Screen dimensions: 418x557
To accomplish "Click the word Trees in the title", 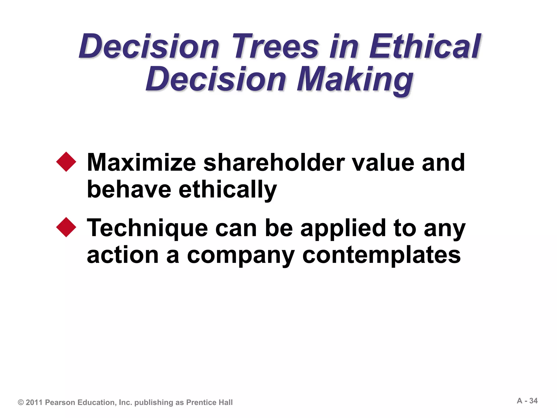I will coord(275,46).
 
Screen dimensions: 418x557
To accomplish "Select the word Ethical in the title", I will coord(425,46).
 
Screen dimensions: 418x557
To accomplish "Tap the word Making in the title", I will coord(355,79).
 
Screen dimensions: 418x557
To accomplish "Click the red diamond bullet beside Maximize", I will coord(66,162).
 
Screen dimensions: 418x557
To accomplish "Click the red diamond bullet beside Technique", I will coord(66,227).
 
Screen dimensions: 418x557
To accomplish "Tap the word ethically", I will coord(228,190).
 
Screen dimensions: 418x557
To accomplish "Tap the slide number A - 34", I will coord(527,401).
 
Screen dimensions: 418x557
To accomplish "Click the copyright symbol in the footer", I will coord(21,402).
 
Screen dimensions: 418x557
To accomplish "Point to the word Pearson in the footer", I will coord(60,402).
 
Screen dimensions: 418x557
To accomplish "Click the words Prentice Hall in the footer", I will coord(209,402).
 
